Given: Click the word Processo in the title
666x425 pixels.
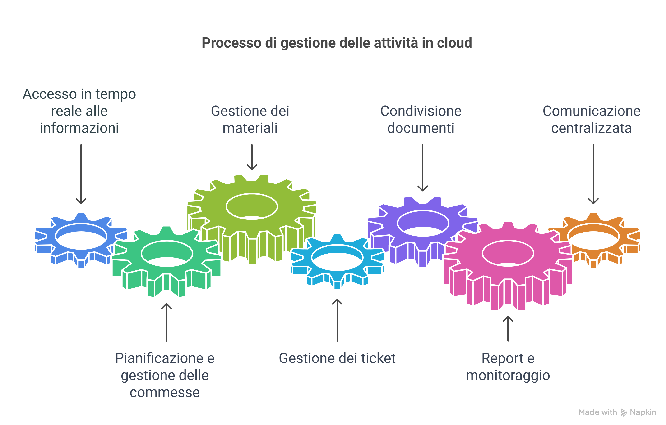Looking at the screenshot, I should coord(231,43).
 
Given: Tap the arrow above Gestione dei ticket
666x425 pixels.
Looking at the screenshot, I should coord(337,320).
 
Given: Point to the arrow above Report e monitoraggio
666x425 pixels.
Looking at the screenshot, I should coord(508,329).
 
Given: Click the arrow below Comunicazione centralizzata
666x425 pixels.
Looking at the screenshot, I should coord(593,174).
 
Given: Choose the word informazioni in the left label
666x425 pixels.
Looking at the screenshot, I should coord(79,128).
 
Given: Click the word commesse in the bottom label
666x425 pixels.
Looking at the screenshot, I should coord(165,392).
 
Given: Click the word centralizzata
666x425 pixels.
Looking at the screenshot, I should coord(591,128).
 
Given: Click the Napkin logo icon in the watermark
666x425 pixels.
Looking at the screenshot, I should coord(624,412).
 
